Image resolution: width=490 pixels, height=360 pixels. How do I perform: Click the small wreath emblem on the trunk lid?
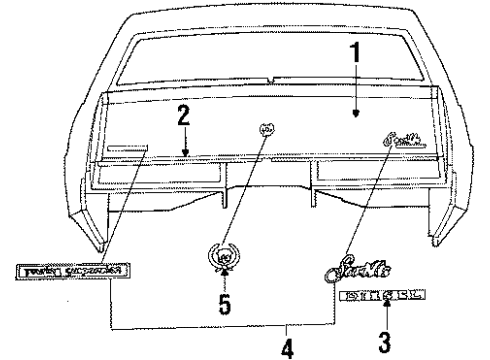coord(265,128)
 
